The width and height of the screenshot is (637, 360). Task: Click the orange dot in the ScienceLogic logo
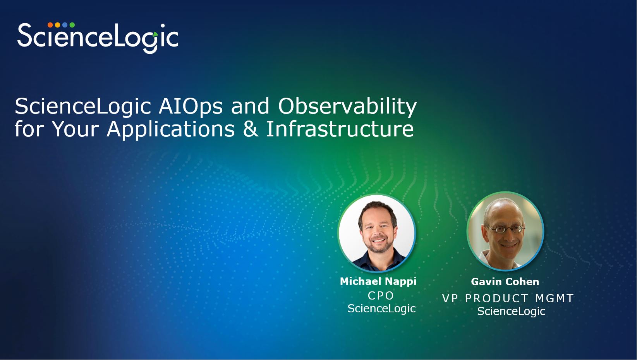pyautogui.click(x=50, y=25)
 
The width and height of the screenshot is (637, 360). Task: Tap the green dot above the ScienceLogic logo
pyautogui.click(x=72, y=25)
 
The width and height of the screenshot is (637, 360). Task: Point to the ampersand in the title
pyautogui.click(x=251, y=129)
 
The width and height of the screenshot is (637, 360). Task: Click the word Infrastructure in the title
pyautogui.click(x=340, y=129)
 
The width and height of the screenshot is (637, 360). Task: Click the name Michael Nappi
pyautogui.click(x=378, y=281)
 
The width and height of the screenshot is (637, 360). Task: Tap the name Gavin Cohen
pyautogui.click(x=505, y=282)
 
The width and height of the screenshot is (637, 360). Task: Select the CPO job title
pyautogui.click(x=381, y=296)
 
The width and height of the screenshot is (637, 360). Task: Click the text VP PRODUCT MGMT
pyautogui.click(x=508, y=298)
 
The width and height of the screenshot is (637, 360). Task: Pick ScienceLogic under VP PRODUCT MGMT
pyautogui.click(x=511, y=312)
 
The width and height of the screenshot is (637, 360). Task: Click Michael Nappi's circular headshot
pyautogui.click(x=377, y=233)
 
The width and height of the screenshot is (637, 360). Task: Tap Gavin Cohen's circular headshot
pyautogui.click(x=505, y=231)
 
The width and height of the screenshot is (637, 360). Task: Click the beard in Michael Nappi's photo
pyautogui.click(x=378, y=245)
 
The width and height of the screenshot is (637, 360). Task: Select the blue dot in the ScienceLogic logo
pyautogui.click(x=65, y=25)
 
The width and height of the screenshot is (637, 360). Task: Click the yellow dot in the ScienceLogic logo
pyautogui.click(x=57, y=25)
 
